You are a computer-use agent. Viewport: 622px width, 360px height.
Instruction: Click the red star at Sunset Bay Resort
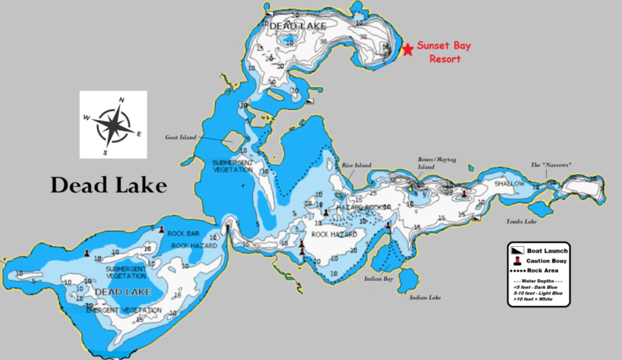(408, 50)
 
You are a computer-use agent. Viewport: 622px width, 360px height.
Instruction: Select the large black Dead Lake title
(109, 185)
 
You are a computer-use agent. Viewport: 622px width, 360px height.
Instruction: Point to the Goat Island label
(180, 138)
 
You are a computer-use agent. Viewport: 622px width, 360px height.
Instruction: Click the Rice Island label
(356, 165)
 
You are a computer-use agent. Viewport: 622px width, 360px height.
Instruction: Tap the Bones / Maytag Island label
(426, 163)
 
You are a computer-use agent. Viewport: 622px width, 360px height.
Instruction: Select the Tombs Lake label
(521, 221)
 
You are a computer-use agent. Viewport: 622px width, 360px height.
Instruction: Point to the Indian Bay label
(379, 279)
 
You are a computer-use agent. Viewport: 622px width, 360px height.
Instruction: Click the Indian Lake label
(425, 298)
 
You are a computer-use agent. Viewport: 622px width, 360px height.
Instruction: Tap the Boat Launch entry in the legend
(547, 251)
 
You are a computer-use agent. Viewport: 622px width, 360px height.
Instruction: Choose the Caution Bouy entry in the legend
(546, 261)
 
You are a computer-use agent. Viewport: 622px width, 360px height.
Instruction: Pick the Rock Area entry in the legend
(542, 270)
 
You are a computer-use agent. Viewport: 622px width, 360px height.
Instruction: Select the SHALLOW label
(509, 184)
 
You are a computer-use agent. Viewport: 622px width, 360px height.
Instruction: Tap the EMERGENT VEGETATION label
(124, 310)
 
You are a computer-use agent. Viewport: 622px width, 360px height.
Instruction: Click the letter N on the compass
(121, 100)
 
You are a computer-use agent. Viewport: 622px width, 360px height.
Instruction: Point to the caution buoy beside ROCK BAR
(162, 229)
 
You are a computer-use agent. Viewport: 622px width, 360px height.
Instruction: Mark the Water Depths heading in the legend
(539, 281)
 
